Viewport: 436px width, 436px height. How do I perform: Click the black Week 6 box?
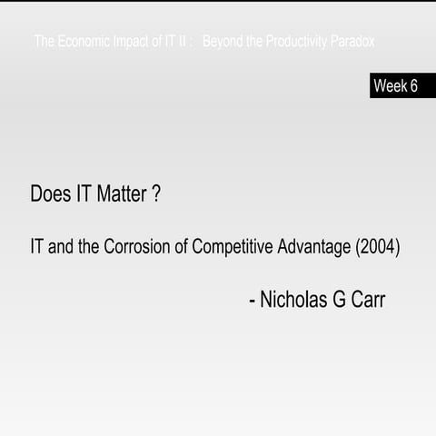click(402, 86)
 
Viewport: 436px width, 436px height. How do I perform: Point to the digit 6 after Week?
click(413, 86)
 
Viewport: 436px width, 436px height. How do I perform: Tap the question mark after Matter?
click(156, 193)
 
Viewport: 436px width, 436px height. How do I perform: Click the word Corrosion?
click(138, 247)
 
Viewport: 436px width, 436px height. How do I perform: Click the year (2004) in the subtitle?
click(378, 247)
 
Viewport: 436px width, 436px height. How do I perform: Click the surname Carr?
click(369, 300)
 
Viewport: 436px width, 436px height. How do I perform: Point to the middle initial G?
click(340, 300)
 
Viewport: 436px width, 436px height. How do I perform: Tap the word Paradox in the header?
click(352, 42)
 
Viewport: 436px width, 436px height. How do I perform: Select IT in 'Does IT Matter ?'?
click(81, 193)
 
